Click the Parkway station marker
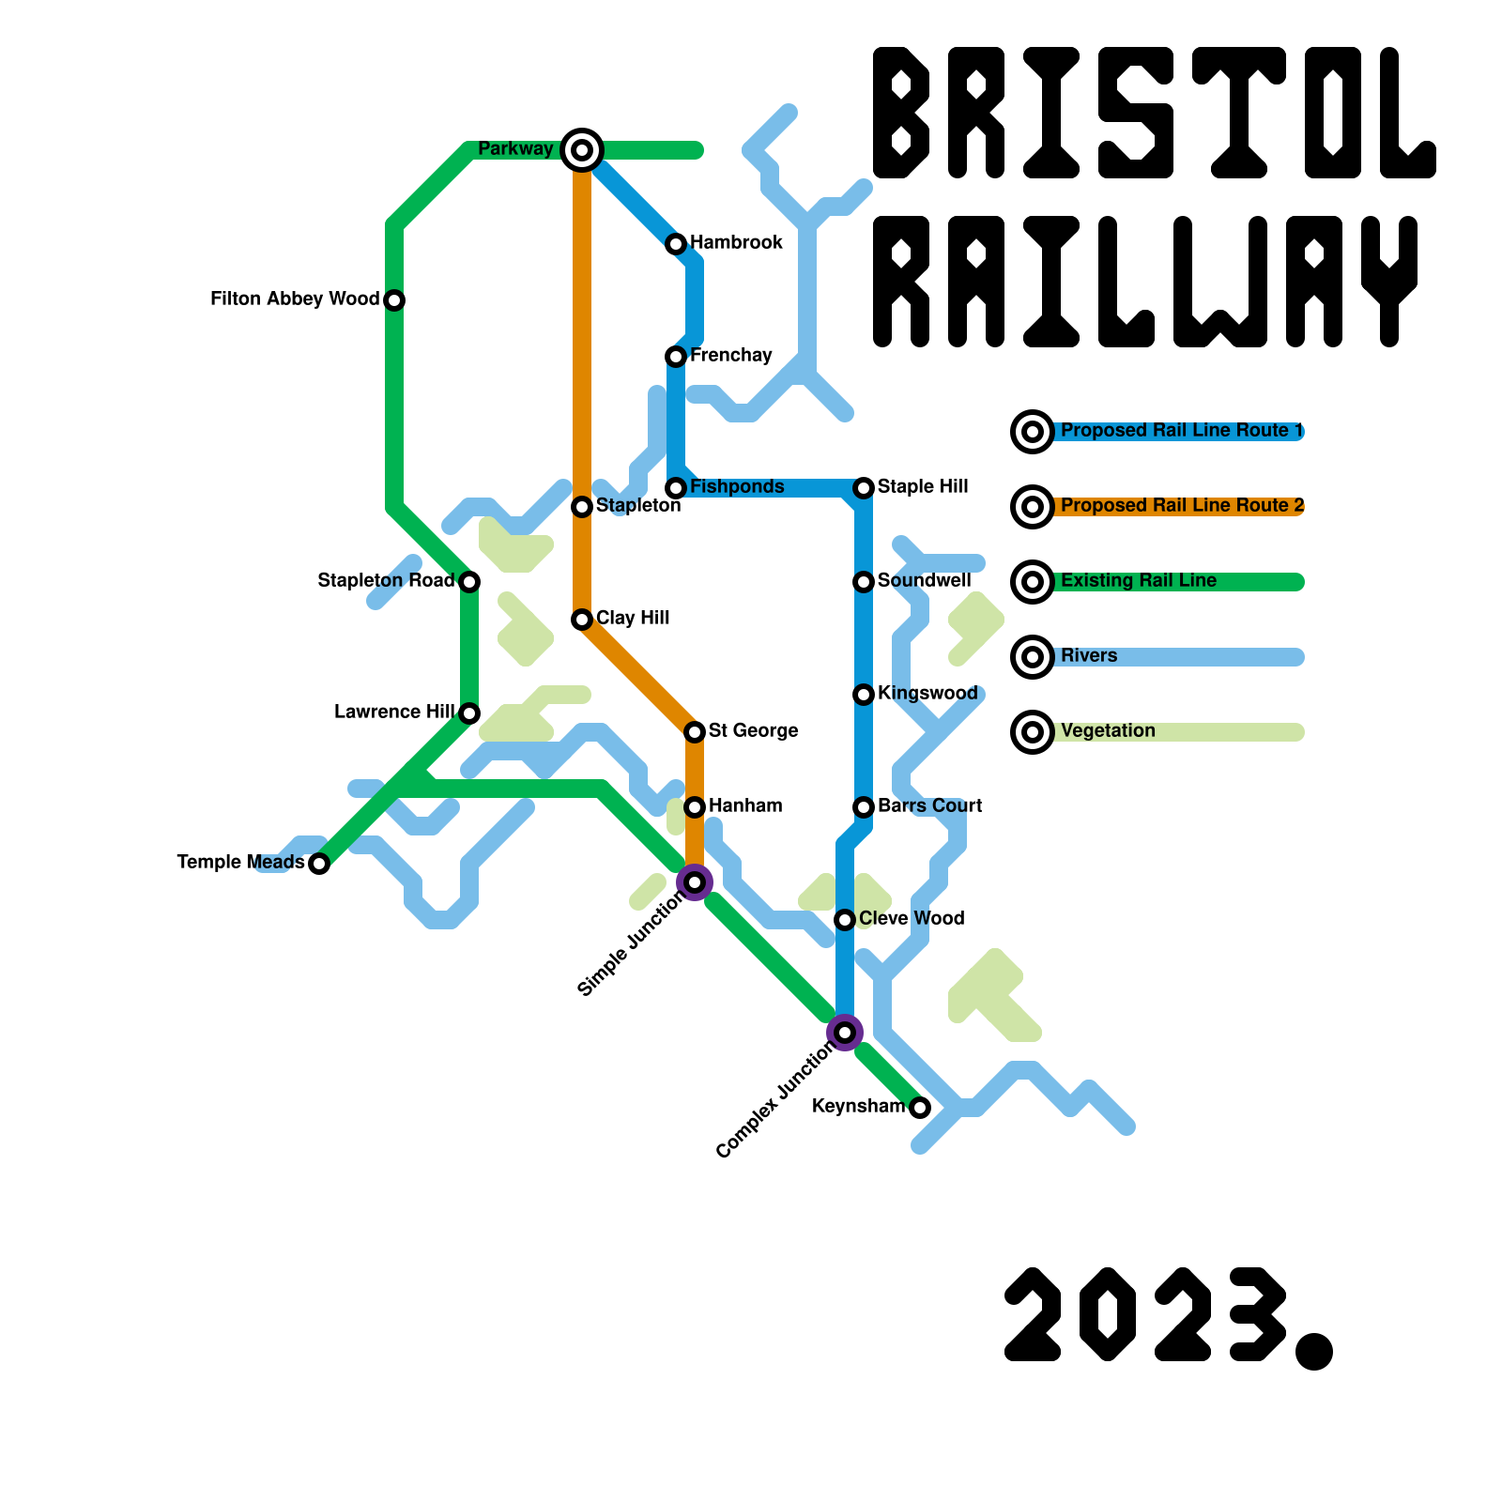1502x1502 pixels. click(582, 150)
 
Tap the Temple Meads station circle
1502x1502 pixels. click(319, 864)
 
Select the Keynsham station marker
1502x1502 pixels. click(920, 1108)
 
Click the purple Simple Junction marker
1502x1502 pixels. click(695, 882)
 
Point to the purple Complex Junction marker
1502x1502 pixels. click(845, 1033)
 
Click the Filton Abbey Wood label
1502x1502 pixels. click(295, 299)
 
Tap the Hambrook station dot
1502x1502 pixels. click(676, 244)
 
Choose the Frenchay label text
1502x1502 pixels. click(730, 356)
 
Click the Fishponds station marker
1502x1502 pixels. click(676, 488)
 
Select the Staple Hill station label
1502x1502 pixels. click(923, 487)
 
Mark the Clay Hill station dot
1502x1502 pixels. click(582, 620)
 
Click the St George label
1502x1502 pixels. click(753, 731)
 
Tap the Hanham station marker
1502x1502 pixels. click(695, 807)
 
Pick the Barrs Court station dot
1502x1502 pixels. click(864, 807)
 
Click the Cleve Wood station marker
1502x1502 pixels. click(845, 920)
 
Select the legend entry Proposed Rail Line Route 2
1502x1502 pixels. click(1182, 506)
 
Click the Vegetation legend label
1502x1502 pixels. click(1108, 731)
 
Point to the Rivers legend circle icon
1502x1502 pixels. click(1033, 657)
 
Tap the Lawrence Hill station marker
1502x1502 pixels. click(469, 713)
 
